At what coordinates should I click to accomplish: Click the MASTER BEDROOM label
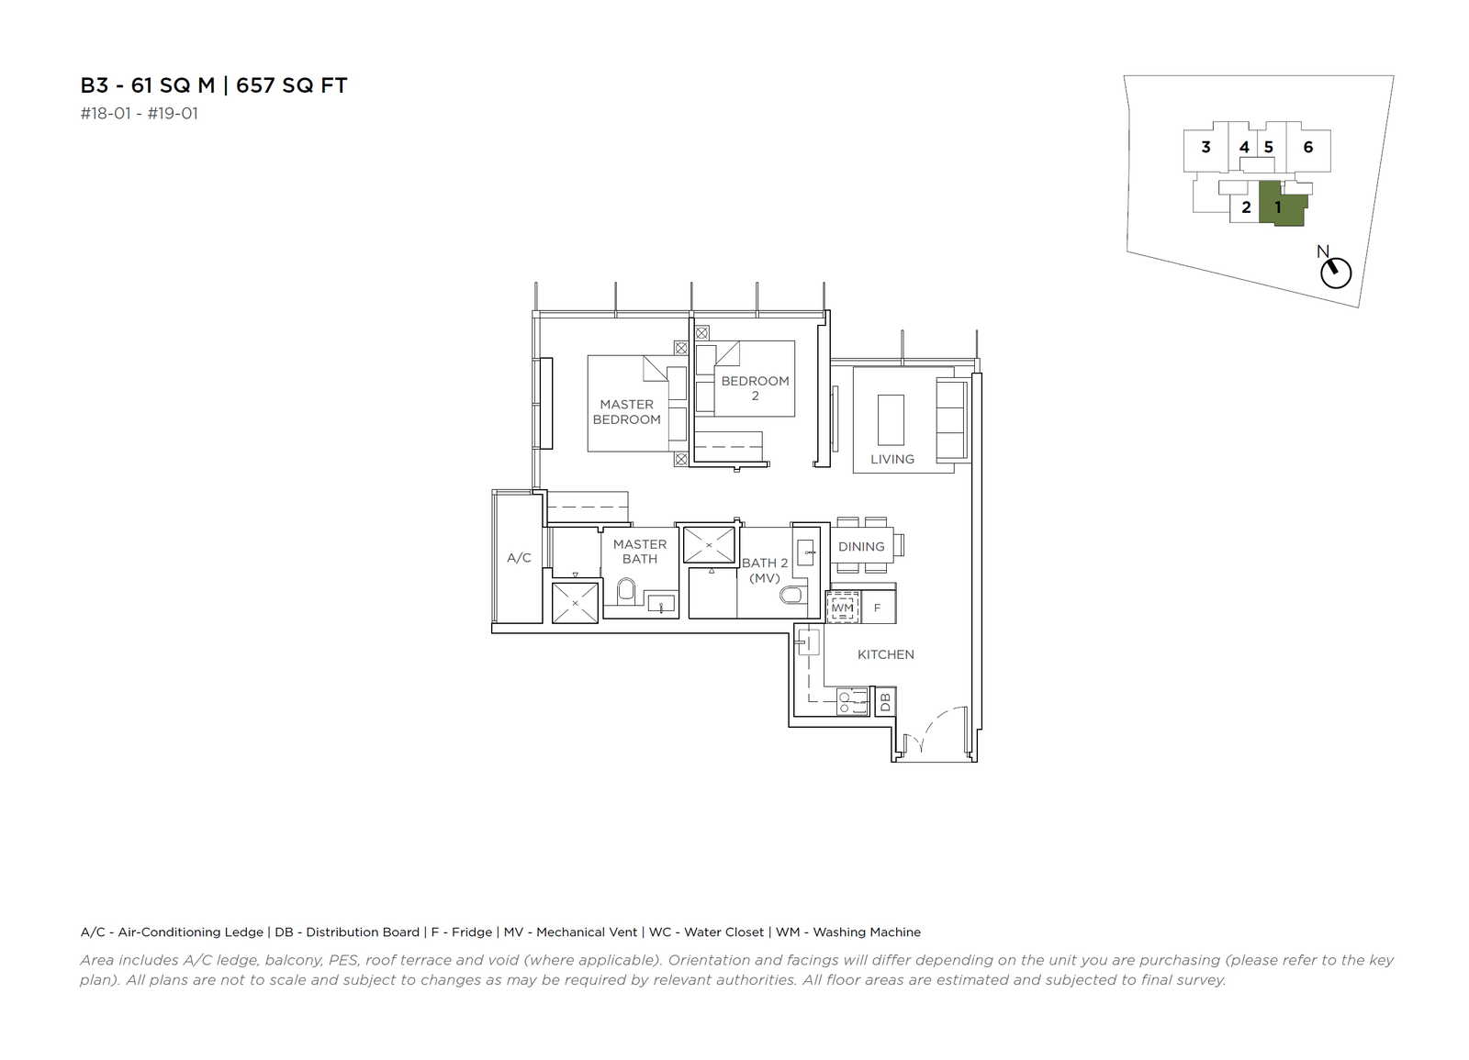tap(626, 412)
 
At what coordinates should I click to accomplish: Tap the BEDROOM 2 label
tap(755, 388)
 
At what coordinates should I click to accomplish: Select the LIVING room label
tap(891, 459)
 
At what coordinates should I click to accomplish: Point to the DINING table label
tap(861, 546)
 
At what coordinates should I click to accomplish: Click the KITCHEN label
tap(885, 654)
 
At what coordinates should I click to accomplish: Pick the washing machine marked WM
tap(842, 607)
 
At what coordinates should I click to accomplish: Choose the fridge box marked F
tap(878, 607)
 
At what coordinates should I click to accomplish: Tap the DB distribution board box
tap(885, 702)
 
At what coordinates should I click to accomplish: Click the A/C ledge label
tap(519, 557)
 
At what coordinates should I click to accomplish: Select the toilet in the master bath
tap(626, 591)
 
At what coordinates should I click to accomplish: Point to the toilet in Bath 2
tap(791, 595)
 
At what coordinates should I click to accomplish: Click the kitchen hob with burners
tap(852, 701)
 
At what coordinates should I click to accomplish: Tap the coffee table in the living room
tap(891, 420)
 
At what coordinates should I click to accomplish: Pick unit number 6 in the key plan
tap(1307, 147)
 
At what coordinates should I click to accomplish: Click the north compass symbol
tap(1336, 273)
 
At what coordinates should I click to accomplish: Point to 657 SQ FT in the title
tap(291, 85)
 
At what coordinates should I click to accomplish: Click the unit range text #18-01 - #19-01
tap(139, 114)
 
